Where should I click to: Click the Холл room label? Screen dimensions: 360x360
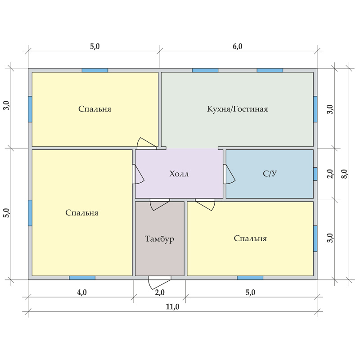click(x=179, y=174)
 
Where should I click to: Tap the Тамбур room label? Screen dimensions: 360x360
click(x=160, y=239)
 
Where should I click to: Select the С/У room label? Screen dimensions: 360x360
click(x=270, y=174)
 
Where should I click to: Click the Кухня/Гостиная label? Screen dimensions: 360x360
click(x=238, y=109)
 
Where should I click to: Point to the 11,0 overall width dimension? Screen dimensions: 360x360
click(x=172, y=307)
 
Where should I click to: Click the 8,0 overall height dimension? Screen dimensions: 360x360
click(x=345, y=174)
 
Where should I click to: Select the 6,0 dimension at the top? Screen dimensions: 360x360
click(x=238, y=46)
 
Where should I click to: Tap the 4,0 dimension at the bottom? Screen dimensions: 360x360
click(x=82, y=292)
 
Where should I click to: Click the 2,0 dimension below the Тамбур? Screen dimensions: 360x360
click(x=160, y=292)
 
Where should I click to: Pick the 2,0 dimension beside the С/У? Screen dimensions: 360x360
click(x=330, y=174)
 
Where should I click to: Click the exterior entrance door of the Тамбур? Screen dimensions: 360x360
click(x=159, y=282)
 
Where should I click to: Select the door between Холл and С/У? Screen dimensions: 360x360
click(x=229, y=174)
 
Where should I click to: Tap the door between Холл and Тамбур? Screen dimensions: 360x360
click(x=160, y=204)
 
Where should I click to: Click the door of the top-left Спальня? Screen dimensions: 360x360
click(x=147, y=144)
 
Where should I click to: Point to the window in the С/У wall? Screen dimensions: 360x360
click(x=315, y=174)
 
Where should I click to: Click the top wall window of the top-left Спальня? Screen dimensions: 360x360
click(x=95, y=70)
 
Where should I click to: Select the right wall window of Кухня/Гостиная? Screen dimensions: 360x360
click(x=315, y=109)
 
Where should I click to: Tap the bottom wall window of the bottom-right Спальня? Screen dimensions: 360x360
click(x=250, y=278)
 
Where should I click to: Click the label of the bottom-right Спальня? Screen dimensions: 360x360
click(x=250, y=238)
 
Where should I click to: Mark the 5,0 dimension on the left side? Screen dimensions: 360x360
click(x=7, y=213)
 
